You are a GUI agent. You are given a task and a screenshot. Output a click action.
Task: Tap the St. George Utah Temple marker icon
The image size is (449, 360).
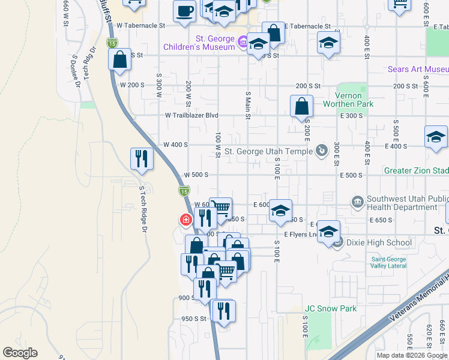322,150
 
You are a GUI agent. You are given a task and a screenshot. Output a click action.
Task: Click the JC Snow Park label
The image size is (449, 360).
330,309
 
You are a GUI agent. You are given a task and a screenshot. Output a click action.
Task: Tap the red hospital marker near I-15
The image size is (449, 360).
186,220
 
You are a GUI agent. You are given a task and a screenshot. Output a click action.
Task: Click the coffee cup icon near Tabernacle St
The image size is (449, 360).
184,10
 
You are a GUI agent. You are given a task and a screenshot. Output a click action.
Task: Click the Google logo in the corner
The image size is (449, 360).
20,353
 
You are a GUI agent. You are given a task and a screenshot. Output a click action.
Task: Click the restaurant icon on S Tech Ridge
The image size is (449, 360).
142,159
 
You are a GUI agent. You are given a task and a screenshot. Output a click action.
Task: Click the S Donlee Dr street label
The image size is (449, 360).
76,71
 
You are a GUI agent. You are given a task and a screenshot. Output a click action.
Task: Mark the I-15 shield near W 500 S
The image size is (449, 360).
184,191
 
